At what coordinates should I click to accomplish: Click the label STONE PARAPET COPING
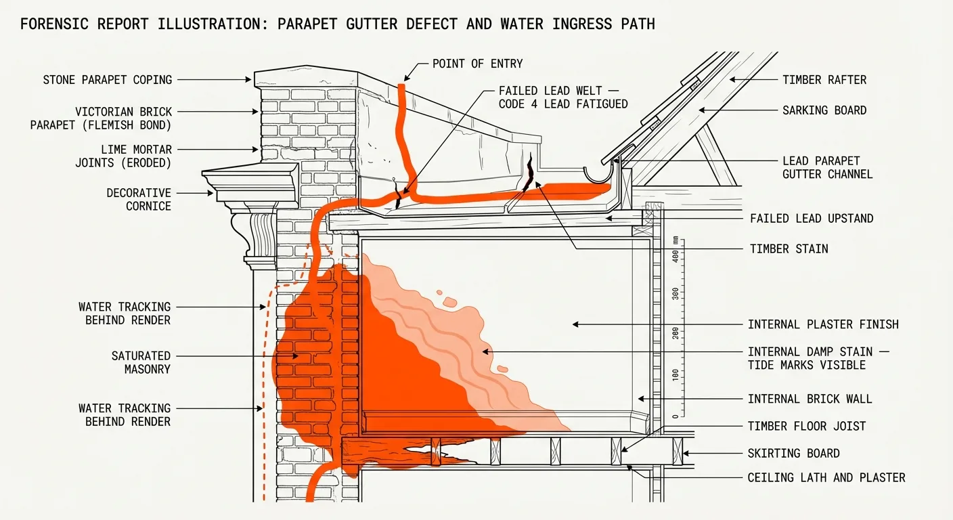108,80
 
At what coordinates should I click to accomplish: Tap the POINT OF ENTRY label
478,64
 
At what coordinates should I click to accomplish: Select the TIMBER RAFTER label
824,80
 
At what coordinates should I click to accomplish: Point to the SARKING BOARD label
824,110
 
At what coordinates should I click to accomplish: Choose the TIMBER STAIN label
789,249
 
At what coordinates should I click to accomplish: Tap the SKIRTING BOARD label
793,453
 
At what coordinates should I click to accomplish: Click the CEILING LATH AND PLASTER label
826,477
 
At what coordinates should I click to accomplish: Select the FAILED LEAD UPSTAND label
812,218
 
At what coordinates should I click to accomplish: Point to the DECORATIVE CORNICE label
138,200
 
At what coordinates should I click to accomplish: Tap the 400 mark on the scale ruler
673,256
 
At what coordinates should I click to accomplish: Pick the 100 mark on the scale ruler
673,374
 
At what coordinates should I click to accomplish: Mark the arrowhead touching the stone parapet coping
249,80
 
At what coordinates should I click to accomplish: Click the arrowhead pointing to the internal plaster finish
575,324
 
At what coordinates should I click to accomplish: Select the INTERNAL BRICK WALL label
810,399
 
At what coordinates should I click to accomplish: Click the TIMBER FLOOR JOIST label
807,426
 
